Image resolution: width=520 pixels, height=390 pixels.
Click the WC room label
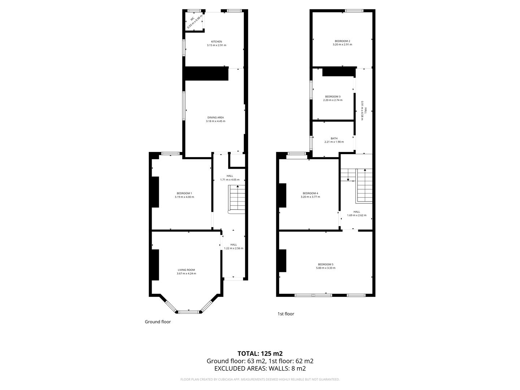[x=192, y=18]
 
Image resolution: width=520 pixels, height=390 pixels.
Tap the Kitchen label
[x=216, y=42]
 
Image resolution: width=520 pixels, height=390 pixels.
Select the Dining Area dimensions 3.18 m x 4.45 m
[x=216, y=121]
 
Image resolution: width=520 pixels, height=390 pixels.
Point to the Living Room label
[x=186, y=270]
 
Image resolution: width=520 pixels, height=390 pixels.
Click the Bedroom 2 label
[x=342, y=41]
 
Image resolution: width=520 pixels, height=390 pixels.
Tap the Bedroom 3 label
[x=333, y=96]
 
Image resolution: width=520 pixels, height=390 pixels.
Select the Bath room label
[x=334, y=138]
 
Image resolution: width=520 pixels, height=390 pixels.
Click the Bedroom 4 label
[x=310, y=193]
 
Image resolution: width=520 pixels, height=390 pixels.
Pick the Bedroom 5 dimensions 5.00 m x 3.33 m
[x=326, y=268]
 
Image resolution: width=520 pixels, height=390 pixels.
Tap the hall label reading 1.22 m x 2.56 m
[x=234, y=248]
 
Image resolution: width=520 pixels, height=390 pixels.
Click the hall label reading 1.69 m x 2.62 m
[x=356, y=215]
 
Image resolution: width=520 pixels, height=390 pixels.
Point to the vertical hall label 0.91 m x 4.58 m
[x=363, y=110]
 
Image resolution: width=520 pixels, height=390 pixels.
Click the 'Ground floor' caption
[x=158, y=322]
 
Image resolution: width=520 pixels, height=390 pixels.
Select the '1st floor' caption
[x=286, y=314]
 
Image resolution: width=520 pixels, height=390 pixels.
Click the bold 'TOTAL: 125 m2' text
[x=260, y=354]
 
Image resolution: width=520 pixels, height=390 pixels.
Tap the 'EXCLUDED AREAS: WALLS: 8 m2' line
[x=260, y=369]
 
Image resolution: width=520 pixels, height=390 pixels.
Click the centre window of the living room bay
[x=188, y=311]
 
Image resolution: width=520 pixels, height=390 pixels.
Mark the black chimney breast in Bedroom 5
[x=282, y=260]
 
